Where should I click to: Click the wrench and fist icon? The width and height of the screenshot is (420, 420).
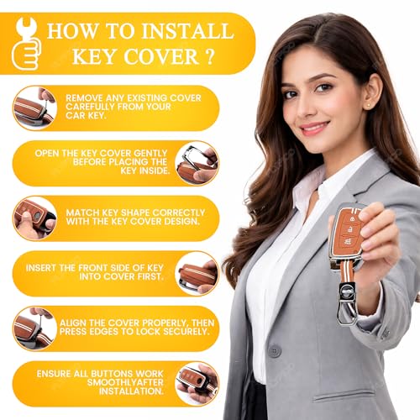26,44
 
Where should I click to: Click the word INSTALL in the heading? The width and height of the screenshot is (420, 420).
188,31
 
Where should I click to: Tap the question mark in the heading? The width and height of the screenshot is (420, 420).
209,56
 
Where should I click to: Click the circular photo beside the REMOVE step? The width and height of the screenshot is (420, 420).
34,108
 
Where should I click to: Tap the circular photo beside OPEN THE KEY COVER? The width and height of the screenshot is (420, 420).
197,164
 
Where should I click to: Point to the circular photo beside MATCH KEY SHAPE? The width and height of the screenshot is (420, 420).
34,218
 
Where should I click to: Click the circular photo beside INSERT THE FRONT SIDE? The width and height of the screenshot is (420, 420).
197,274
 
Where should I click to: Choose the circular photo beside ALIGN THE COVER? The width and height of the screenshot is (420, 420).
34,328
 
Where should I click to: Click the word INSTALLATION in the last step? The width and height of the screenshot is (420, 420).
131,391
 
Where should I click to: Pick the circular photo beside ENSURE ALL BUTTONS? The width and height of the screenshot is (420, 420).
197,384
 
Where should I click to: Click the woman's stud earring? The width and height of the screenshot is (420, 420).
368,105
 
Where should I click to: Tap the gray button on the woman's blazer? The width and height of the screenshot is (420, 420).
274,351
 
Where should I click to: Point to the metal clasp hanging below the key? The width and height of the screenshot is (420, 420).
347,304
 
